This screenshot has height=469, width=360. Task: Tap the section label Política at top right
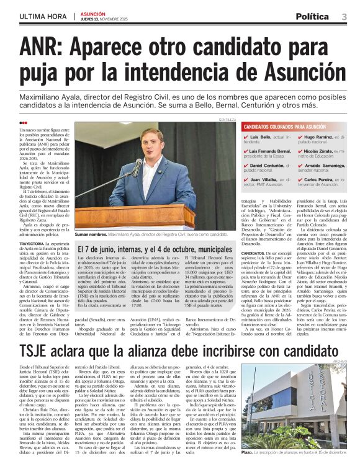point(312,16)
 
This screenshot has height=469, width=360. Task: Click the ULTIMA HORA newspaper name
point(43,16)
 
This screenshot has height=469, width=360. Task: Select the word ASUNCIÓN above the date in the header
point(93,12)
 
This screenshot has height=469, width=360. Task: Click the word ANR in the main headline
point(42,47)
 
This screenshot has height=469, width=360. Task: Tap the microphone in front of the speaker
point(138,167)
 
